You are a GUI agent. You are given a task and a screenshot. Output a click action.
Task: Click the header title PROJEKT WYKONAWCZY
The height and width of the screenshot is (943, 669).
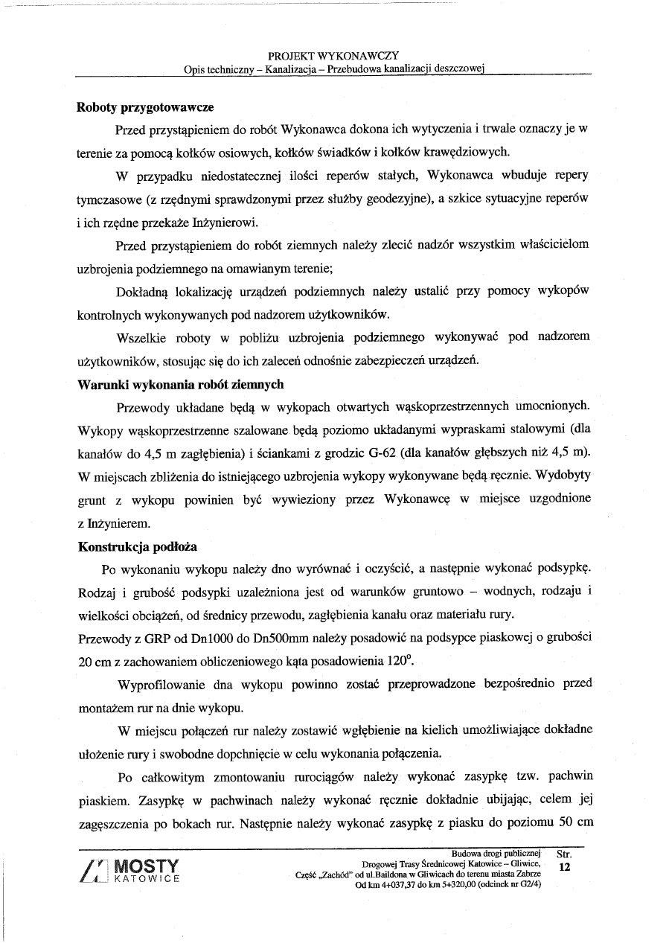tap(333, 56)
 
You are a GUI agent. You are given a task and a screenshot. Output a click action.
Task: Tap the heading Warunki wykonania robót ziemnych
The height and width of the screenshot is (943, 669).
tap(181, 385)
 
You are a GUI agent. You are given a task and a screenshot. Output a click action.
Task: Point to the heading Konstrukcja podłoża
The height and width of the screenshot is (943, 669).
tap(138, 546)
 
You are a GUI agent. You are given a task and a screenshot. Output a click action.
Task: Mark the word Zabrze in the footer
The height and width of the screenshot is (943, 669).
tap(526, 874)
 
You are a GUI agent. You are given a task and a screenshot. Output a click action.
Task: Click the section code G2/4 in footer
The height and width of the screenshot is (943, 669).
tap(528, 884)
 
